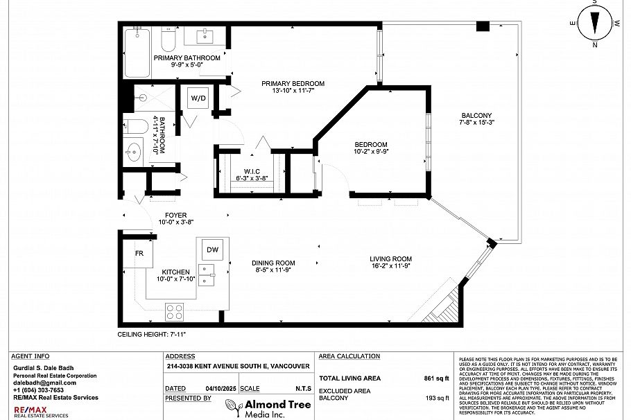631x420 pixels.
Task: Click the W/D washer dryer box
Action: (198, 98)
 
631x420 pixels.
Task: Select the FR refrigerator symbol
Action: (139, 253)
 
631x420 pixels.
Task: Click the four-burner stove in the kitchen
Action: (174, 312)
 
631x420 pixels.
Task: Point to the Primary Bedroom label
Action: (293, 84)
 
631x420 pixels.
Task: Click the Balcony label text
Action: (476, 115)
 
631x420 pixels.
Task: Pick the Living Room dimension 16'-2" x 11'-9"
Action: (392, 265)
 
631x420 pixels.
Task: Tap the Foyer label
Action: (175, 216)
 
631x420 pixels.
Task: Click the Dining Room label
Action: (273, 263)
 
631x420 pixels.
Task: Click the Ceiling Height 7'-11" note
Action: (151, 334)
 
